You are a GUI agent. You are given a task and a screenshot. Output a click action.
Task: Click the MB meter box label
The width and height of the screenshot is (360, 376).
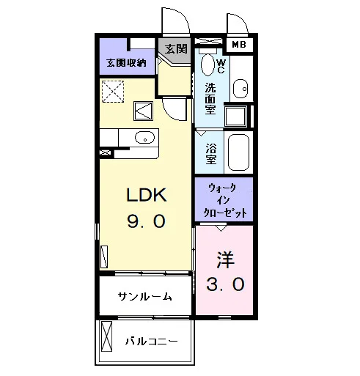(x=239, y=45)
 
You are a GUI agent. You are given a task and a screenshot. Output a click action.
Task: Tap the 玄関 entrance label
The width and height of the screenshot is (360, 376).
(x=176, y=49)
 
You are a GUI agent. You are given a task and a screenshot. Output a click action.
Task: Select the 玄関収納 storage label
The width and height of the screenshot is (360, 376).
(x=126, y=63)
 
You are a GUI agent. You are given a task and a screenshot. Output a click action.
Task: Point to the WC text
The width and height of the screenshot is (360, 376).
(x=221, y=66)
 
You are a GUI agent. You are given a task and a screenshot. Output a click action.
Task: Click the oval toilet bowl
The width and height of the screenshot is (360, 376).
(x=207, y=64)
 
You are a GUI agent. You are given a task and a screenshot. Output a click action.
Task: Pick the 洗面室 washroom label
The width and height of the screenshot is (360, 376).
(x=210, y=98)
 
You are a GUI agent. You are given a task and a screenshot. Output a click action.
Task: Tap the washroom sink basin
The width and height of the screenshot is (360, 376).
(x=240, y=89)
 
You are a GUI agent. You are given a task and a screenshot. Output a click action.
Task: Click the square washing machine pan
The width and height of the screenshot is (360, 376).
(x=236, y=117)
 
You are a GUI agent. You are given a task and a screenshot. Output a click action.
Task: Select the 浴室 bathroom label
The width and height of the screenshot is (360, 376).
(x=211, y=153)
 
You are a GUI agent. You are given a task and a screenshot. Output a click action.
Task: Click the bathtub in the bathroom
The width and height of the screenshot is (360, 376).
(x=238, y=152)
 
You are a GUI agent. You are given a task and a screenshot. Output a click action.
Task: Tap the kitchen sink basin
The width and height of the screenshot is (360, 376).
(x=144, y=137)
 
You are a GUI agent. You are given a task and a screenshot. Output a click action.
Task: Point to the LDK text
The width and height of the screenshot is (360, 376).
(x=147, y=195)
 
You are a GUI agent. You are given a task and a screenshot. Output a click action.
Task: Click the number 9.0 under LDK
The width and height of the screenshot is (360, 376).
(x=146, y=221)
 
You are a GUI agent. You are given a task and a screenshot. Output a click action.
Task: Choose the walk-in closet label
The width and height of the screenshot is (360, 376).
(x=224, y=200)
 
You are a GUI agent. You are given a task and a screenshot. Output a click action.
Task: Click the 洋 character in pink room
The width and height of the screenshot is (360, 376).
(x=225, y=259)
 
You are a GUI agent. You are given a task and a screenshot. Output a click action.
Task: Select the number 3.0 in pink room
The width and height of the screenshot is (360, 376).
(x=225, y=284)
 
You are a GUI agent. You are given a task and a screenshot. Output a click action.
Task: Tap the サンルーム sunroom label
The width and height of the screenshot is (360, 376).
(x=144, y=296)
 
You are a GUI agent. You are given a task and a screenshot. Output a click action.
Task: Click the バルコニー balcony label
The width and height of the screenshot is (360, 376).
(x=152, y=341)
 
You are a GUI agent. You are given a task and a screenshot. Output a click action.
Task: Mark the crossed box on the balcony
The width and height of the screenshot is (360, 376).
(x=106, y=336)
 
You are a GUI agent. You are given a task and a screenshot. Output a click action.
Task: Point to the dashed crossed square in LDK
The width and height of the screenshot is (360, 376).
(x=113, y=91)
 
